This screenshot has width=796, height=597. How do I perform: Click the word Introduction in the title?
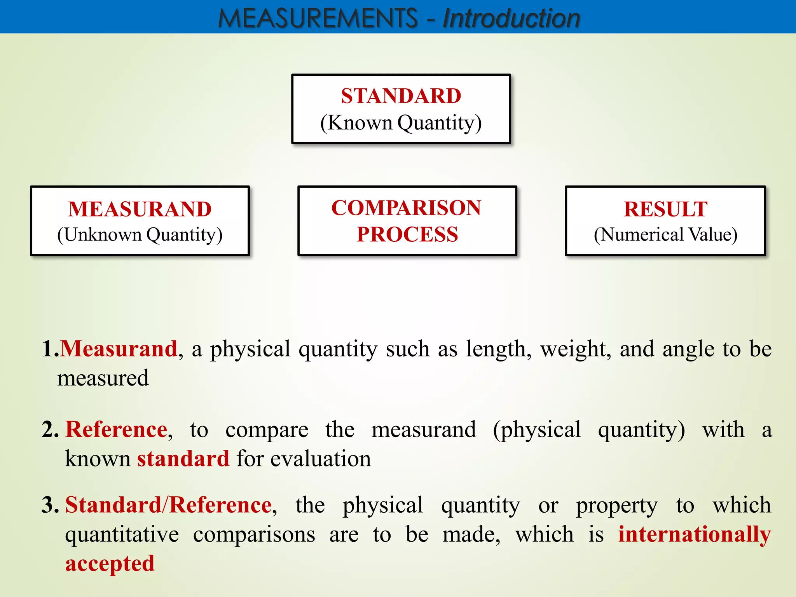coord(511,18)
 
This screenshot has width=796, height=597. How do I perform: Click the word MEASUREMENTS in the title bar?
coord(318,18)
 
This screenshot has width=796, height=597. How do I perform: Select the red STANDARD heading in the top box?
coord(401,96)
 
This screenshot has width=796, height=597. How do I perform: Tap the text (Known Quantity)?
coord(401,123)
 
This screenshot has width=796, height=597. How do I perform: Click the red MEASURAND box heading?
coord(140,209)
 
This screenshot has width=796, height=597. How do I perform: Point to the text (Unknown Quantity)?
coord(140,235)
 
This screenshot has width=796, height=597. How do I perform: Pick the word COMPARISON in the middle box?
coord(406,208)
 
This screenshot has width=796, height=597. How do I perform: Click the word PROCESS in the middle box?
coord(407,234)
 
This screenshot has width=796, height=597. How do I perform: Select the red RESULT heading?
coord(665,209)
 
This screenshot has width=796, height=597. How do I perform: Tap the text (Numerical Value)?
coord(665,235)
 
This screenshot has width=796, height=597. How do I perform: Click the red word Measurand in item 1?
coord(119,348)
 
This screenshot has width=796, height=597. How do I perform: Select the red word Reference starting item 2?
coord(116,429)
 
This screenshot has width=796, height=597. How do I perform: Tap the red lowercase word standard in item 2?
coord(183,459)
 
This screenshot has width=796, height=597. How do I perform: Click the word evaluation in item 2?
coord(321,459)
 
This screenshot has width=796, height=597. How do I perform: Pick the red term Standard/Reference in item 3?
coord(168,505)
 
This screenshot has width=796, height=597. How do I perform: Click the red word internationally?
coord(695,534)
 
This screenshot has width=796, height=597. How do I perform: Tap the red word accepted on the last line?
coord(110,564)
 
